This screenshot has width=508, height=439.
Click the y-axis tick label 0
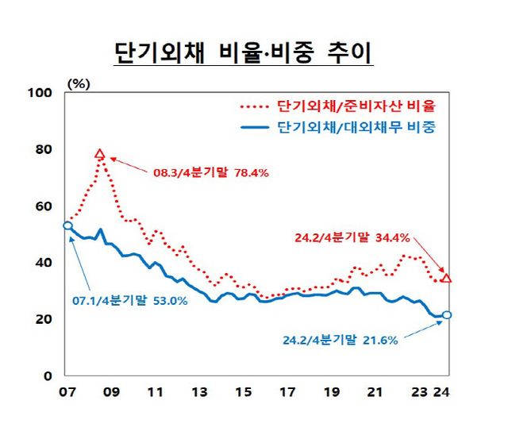[x=48, y=375]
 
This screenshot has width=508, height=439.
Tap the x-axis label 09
[x=111, y=391]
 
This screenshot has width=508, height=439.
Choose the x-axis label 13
[x=200, y=391]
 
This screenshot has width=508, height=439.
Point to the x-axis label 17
[x=290, y=391]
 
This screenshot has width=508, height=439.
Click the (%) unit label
[x=79, y=82]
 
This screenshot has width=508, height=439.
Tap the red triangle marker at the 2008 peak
[x=100, y=154]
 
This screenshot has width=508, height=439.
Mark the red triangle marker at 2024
[x=447, y=278]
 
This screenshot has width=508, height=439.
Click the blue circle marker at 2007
[x=67, y=225]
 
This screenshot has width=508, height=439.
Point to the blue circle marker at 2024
[x=447, y=315]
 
